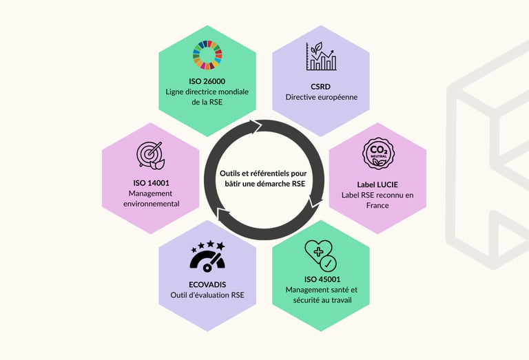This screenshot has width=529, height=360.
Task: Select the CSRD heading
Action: coord(321,86)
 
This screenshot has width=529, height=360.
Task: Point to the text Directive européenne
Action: coord(322,97)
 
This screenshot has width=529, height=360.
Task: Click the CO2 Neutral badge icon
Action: coord(377,154)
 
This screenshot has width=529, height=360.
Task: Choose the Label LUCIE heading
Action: coord(377,184)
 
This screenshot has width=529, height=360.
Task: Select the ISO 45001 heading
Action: coord(321,279)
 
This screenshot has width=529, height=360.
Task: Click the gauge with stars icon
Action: coord(207,256)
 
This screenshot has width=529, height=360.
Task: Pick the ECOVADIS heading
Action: coord(207,284)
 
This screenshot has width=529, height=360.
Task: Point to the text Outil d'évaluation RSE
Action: coord(207,296)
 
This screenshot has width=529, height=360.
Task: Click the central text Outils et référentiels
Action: coord(264,173)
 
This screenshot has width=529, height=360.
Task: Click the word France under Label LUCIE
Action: coord(377,205)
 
